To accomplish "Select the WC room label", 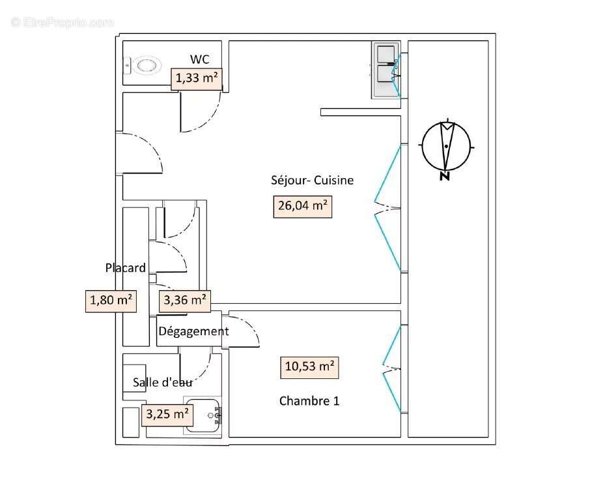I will pos(199,59).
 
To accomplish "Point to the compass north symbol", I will pos(446,146).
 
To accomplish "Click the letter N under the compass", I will pos(445,176).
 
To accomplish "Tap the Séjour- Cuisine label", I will pos(312,181).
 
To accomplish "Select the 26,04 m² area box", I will pos(302,206).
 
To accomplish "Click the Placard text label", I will pos(125,267).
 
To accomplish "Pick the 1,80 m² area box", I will pos(111,301).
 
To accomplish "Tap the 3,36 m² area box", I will pos(185,300).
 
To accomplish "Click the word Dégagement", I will pos(193,331).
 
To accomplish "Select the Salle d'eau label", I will pos(162,382).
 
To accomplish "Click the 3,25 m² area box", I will pos(167,413).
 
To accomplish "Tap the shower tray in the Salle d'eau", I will pos(203,415).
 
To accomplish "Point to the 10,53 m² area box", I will pos(310,367).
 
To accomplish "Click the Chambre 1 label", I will pos(309,400).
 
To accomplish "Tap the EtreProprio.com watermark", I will pos(62,22).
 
